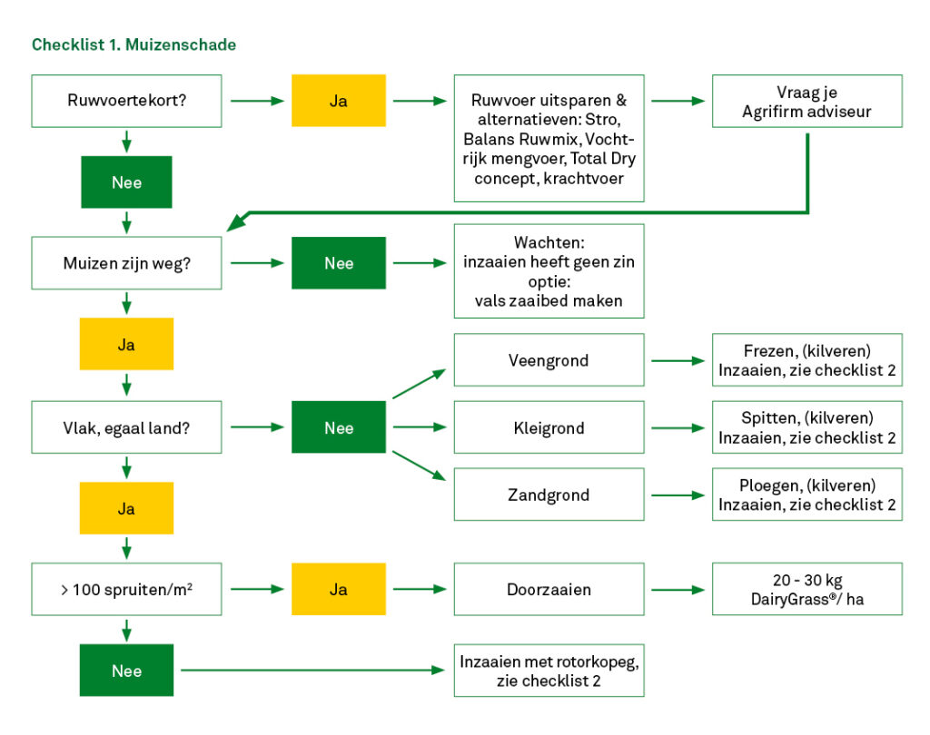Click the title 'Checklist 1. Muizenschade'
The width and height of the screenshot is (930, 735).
click(x=134, y=44)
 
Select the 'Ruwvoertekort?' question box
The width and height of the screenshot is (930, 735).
click(x=126, y=101)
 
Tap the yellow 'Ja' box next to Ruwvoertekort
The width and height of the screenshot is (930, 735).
click(x=338, y=101)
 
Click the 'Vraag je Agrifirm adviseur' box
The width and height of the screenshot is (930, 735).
click(x=807, y=101)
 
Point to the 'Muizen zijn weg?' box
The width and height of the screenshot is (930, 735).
click(x=126, y=263)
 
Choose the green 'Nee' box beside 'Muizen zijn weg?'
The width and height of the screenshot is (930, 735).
click(x=338, y=263)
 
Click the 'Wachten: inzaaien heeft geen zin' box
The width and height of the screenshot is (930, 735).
click(x=549, y=270)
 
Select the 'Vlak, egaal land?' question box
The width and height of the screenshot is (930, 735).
click(x=126, y=427)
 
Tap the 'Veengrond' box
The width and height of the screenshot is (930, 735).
click(x=549, y=360)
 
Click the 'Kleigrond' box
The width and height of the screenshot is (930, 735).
click(x=549, y=427)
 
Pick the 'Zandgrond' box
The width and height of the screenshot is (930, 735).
click(x=549, y=495)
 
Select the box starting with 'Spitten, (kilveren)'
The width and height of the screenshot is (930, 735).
click(x=807, y=427)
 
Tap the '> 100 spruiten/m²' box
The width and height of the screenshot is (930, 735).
click(x=126, y=589)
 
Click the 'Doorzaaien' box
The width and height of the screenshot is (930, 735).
click(x=549, y=589)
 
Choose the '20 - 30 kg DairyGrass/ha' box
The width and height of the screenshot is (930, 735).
click(x=807, y=589)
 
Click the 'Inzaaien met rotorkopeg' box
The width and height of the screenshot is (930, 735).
click(x=549, y=671)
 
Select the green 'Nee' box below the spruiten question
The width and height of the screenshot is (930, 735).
click(x=126, y=671)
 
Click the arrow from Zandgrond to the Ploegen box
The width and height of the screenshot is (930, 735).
click(x=678, y=495)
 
